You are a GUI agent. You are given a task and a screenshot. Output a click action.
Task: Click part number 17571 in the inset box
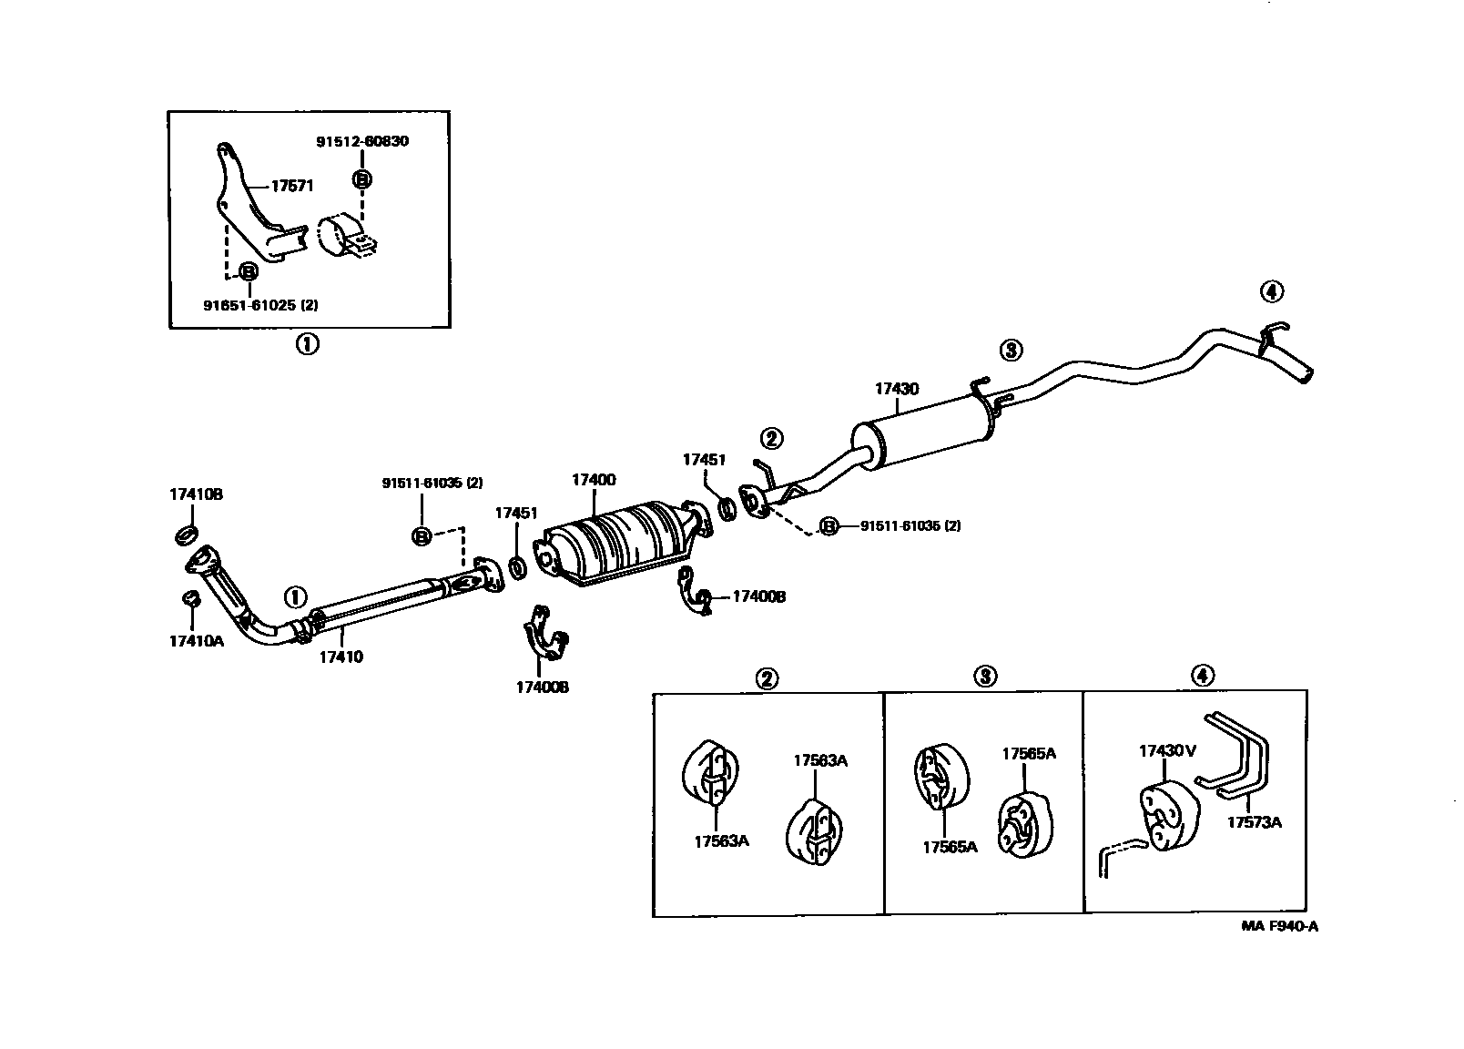pos(292,186)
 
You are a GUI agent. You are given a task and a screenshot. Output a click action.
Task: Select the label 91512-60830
pos(362,141)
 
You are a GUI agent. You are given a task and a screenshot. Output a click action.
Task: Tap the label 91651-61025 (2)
pos(260,305)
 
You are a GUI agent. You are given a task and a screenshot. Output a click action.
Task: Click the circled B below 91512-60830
pos(362,180)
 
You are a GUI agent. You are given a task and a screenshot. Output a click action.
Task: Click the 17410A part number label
pos(196,640)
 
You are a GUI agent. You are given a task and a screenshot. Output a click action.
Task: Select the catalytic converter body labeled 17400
pos(619,542)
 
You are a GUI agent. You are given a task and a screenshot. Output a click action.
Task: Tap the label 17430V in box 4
pos(1167,751)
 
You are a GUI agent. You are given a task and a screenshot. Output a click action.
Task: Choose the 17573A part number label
pos(1254,822)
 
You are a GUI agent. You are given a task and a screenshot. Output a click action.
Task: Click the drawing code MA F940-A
pos(1280,927)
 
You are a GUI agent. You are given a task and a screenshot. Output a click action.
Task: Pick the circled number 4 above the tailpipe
pos(1271,291)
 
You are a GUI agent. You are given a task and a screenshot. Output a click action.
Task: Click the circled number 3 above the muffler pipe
pos(1012,349)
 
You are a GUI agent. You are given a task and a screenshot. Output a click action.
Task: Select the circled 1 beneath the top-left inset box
pos(307,344)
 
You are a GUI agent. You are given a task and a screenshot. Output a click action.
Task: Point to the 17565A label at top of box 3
pos(1029,753)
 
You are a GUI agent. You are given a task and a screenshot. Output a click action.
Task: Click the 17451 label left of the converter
pos(516,513)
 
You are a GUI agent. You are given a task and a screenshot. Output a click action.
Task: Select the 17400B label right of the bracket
pos(758,596)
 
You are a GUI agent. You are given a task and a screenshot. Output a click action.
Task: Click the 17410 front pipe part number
pos(341,656)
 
